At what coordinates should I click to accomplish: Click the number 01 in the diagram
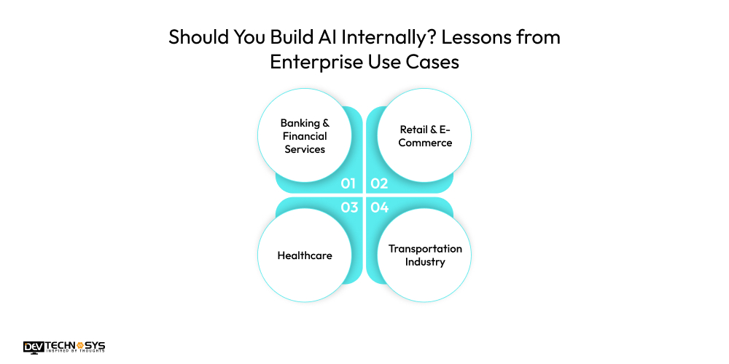tap(348, 183)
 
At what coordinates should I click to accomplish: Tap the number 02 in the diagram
tap(379, 183)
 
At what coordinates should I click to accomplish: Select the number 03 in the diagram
tap(349, 207)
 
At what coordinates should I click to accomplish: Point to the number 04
tap(380, 207)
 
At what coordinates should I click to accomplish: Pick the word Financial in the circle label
tap(305, 136)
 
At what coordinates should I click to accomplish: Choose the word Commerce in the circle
tap(425, 143)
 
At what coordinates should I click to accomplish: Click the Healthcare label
tap(305, 256)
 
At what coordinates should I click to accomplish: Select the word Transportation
tap(425, 249)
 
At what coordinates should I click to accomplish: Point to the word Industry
tap(425, 262)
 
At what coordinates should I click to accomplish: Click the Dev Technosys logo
tap(63, 347)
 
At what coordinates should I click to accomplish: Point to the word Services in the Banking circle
tap(305, 149)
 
